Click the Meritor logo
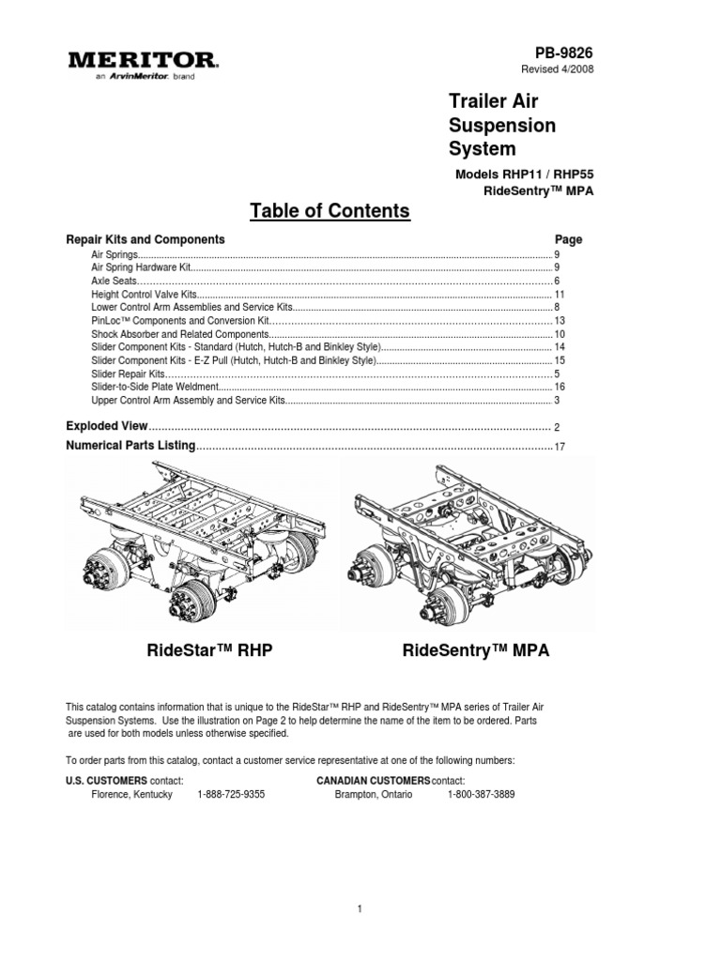[x=143, y=63]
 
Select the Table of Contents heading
[x=330, y=211]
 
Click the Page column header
[x=568, y=239]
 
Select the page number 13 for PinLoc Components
[x=559, y=321]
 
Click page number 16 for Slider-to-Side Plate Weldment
[x=559, y=387]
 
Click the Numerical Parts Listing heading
[x=130, y=445]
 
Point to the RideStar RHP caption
[x=209, y=650]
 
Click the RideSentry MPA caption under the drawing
[x=476, y=650]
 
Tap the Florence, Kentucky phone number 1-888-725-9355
[x=231, y=794]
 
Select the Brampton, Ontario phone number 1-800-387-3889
[x=481, y=794]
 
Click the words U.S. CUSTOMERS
[x=106, y=781]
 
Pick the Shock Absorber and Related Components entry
[x=179, y=334]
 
